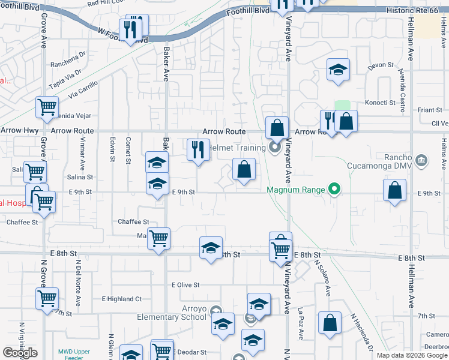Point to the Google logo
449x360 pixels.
click(x=20, y=353)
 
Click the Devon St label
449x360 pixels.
click(x=381, y=65)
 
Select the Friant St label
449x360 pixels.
click(x=430, y=110)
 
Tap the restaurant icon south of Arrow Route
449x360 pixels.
click(x=198, y=151)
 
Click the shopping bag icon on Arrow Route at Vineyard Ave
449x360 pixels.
click(x=276, y=128)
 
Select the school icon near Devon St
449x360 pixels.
click(x=338, y=70)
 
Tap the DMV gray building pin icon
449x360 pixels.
click(x=421, y=160)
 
